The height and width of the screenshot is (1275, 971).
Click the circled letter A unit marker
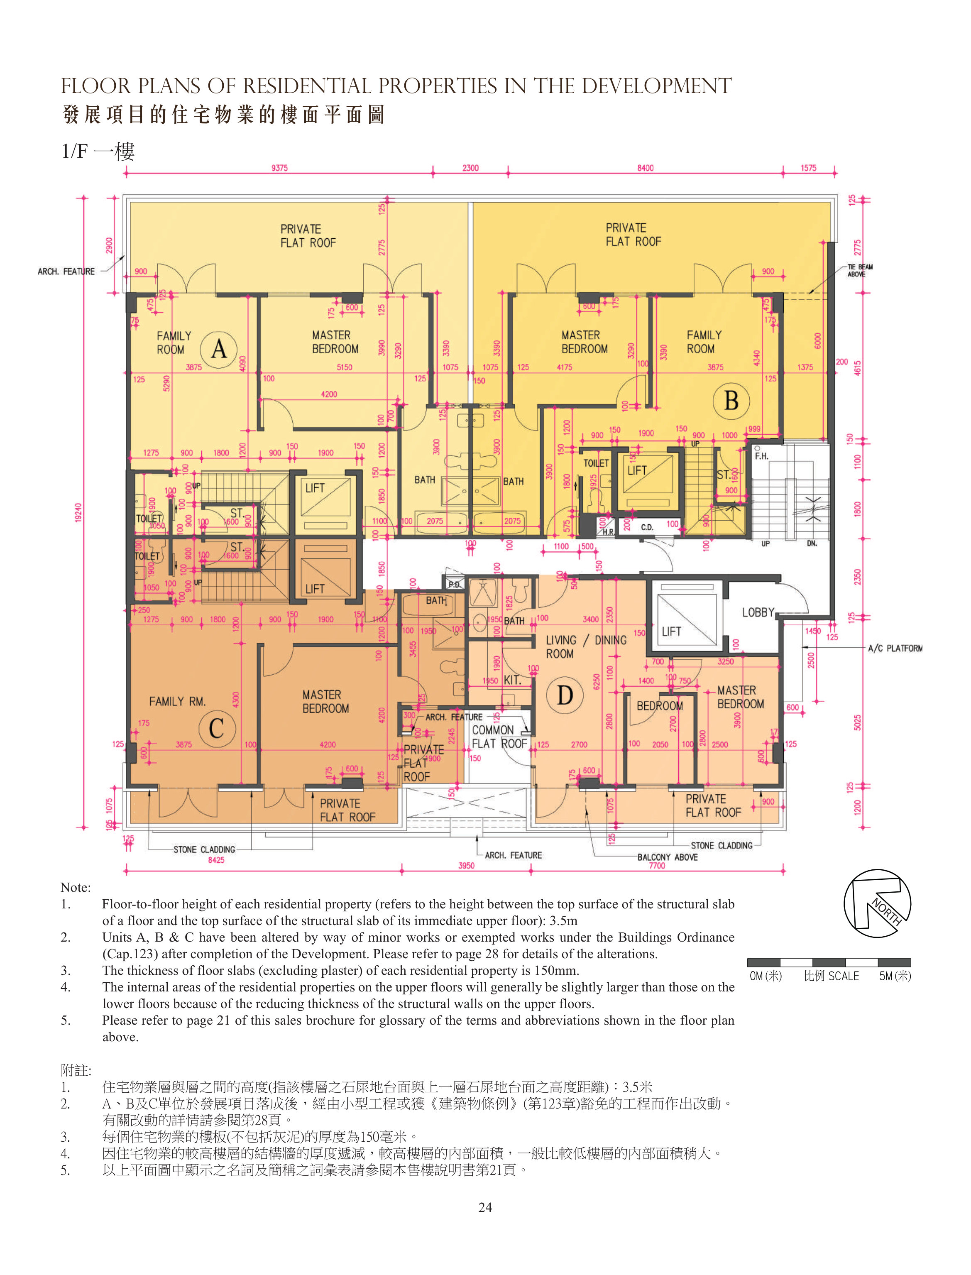218,348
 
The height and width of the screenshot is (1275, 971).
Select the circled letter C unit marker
217,728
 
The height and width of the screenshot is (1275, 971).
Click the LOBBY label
758,612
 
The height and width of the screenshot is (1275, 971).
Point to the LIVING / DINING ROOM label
586,647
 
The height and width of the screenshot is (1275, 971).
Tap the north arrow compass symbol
877,903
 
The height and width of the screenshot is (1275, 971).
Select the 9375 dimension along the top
279,168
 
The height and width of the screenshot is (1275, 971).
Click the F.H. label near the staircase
761,456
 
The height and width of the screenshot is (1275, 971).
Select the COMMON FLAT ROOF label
499,737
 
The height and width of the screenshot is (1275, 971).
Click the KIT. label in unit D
512,680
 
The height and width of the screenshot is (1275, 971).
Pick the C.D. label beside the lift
647,527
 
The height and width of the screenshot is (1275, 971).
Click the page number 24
486,1207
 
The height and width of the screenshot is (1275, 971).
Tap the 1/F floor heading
98,152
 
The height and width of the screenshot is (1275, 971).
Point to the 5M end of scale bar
895,976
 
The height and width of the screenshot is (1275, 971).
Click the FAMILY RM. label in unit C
177,701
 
